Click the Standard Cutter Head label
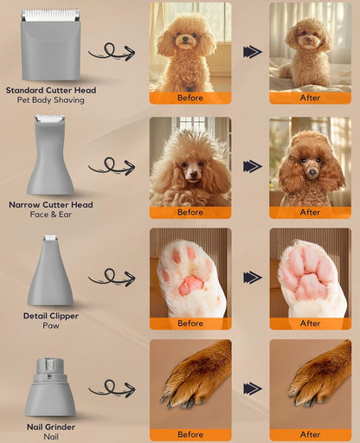[50, 90]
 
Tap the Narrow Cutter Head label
[50, 204]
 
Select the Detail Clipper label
[50, 316]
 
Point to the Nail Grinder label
[50, 427]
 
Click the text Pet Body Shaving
[50, 100]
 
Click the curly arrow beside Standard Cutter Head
[112, 53]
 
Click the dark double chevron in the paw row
[252, 278]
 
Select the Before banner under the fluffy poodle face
[190, 212]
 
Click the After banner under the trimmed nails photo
[310, 434]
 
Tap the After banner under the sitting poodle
[310, 98]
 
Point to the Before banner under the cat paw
[190, 324]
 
